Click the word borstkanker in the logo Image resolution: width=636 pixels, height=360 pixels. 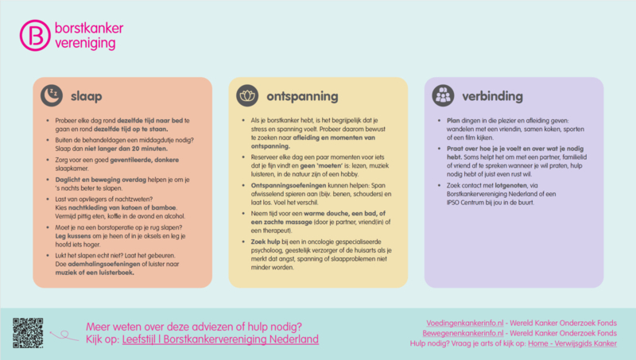tap(88, 29)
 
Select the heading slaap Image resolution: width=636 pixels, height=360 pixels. tap(86, 95)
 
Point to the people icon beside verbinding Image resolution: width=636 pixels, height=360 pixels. tap(443, 95)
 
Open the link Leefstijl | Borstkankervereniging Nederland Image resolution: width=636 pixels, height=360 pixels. tap(220, 339)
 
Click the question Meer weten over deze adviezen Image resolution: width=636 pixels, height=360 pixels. tap(193, 326)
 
